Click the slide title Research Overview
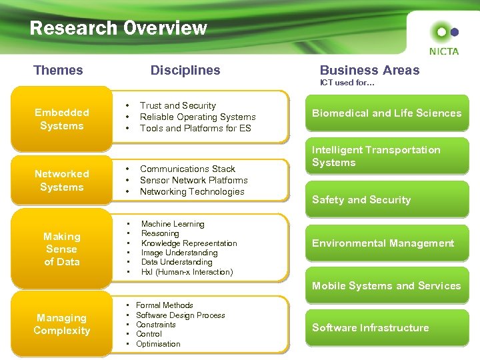(118, 28)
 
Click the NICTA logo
(444, 39)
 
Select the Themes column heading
(58, 70)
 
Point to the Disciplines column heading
(185, 70)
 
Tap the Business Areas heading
(369, 70)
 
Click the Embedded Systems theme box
(62, 119)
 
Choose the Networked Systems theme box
(62, 180)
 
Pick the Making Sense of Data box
(62, 249)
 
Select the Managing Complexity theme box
(62, 324)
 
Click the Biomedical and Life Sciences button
(387, 113)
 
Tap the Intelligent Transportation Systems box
(387, 157)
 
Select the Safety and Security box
(387, 199)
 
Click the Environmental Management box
(387, 243)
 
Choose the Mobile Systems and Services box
(387, 286)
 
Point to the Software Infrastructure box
(387, 327)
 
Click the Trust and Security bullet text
(178, 105)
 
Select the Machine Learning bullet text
(173, 224)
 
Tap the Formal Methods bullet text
(165, 305)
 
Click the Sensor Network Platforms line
(194, 180)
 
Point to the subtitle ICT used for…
(347, 83)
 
